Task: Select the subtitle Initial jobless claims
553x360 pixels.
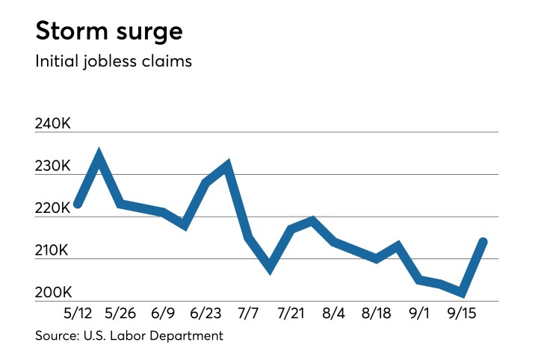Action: pos(114,61)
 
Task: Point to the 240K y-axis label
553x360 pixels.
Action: pos(53,123)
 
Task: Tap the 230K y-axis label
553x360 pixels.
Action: pos(53,166)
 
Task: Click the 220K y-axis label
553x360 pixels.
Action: pos(53,208)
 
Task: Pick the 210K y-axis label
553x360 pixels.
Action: pos(53,251)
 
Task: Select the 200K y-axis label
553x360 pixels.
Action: pos(53,293)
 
